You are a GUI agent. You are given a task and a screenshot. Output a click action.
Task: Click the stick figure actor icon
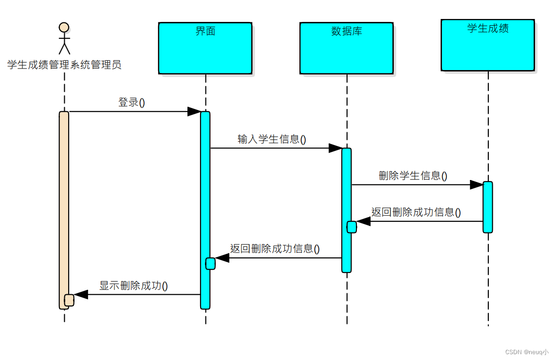coord(64,38)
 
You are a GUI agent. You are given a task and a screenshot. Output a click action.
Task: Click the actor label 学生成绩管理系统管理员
coord(64,64)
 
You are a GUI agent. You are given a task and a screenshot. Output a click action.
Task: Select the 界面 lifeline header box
coord(205,48)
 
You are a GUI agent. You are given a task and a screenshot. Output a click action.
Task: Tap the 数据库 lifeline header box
coord(346,48)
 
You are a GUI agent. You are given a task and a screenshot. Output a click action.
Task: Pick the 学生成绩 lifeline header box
coord(488,45)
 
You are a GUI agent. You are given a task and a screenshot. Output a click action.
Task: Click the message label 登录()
coord(132,103)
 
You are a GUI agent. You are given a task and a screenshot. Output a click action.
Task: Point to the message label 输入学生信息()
coord(272,139)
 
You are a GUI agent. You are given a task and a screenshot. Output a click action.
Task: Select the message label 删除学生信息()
coord(413,176)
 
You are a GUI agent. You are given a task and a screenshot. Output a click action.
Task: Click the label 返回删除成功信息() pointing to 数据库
coord(416,212)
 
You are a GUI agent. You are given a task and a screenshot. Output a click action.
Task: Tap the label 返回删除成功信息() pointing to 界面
coord(275,249)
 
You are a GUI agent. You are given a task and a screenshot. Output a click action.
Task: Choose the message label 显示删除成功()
coord(134,286)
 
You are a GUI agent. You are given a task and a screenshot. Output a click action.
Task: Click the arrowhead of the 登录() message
coord(194,112)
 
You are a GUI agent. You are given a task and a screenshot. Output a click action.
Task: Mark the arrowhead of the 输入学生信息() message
coord(335,148)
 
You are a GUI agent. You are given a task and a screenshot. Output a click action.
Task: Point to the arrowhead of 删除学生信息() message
coord(477,185)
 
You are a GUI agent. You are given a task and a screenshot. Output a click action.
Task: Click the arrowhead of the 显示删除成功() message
coord(81,294)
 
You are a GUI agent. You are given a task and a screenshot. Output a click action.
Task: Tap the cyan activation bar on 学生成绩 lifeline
coord(488,207)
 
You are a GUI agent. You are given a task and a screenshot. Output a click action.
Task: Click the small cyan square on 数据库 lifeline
coord(352,227)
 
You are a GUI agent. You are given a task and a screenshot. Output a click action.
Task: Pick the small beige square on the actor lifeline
coord(69,300)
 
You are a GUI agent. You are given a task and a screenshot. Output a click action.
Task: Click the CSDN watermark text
coord(527,352)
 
